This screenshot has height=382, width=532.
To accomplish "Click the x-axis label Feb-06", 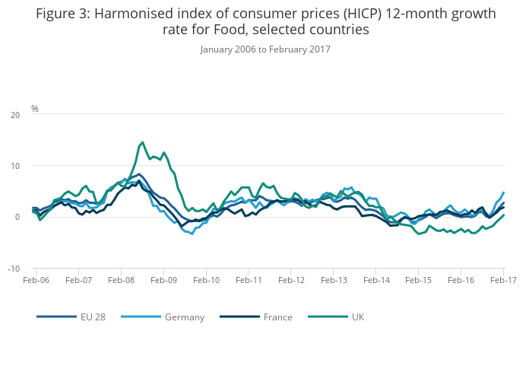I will click(x=36, y=281).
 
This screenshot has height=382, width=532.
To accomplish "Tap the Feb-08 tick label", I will click(x=121, y=281).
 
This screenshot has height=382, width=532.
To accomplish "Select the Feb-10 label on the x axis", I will click(x=206, y=281).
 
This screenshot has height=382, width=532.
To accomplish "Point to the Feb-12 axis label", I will click(x=291, y=281).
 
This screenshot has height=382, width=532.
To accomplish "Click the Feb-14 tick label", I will click(x=376, y=281).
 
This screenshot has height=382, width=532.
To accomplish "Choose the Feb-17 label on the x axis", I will click(x=503, y=281).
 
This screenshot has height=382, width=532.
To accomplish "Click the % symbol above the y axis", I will click(x=35, y=109).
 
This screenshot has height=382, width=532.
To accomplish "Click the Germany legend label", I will click(x=185, y=317).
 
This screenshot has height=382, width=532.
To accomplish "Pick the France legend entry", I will click(x=277, y=317).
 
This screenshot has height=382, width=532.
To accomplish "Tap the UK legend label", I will click(x=357, y=317).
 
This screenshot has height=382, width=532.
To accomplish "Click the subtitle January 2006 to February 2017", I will click(x=265, y=49).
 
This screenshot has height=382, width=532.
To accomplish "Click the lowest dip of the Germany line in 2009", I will click(x=192, y=234).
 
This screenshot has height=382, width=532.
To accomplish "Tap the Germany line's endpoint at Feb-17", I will click(x=503, y=193).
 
